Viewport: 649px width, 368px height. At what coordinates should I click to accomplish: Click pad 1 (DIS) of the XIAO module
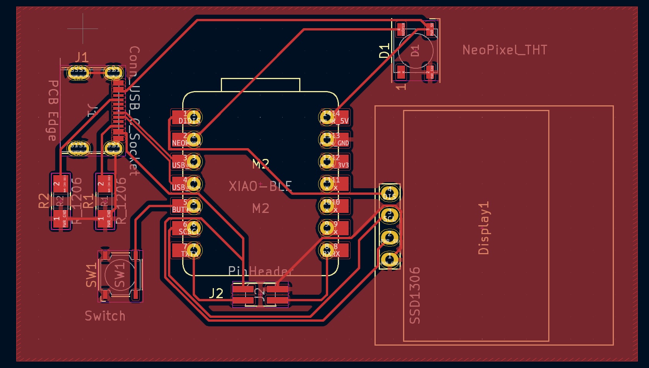click(x=194, y=117)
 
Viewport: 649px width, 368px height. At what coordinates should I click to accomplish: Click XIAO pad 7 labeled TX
click(x=194, y=250)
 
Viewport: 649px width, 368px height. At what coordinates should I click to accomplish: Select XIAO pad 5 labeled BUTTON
click(x=194, y=206)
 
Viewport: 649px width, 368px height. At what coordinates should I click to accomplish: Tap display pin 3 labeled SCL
click(x=390, y=215)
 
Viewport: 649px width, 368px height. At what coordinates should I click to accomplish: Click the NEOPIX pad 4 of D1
click(x=402, y=29)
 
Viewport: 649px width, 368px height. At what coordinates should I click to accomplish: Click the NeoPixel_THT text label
click(x=505, y=50)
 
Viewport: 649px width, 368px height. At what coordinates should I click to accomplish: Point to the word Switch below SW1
click(x=105, y=316)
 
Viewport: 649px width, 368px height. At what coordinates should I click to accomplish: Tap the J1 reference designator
click(x=81, y=57)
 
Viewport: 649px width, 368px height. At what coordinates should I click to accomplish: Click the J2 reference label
click(x=216, y=294)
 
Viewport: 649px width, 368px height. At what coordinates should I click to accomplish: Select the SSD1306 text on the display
click(x=414, y=295)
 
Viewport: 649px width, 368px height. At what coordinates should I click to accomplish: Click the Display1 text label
click(x=483, y=228)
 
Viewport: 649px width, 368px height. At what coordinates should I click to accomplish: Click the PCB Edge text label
click(x=53, y=110)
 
